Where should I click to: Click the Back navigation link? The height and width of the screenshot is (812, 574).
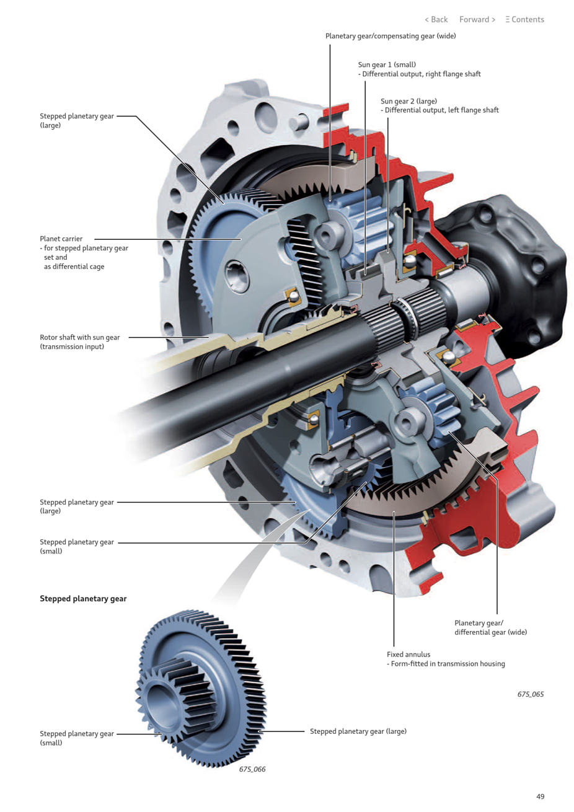coord(436,20)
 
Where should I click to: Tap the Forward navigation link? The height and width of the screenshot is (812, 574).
coord(477,20)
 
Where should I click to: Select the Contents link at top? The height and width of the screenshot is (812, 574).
coord(524,20)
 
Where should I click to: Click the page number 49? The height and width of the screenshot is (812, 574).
coord(540,797)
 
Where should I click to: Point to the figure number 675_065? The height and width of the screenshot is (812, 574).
coord(530,694)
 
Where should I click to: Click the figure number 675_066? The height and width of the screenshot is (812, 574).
coord(252,769)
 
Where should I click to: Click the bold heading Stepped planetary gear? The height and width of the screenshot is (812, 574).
coord(83,599)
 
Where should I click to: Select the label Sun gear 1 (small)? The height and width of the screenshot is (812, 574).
coord(387,64)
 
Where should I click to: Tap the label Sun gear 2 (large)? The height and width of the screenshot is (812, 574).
coord(408,101)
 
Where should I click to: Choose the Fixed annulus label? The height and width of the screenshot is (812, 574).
coord(408,655)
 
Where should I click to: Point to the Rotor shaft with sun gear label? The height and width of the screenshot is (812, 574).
coord(80,338)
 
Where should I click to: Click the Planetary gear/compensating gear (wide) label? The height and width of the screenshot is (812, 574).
coord(391,36)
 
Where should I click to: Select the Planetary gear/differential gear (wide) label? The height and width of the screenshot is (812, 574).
coord(490,628)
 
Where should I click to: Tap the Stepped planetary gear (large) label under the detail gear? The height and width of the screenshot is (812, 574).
coord(358,731)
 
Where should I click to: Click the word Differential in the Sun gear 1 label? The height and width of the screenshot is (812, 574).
coord(381,74)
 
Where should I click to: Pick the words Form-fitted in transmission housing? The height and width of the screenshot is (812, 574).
coord(448,664)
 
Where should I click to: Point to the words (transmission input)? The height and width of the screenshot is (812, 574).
coord(72,347)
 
